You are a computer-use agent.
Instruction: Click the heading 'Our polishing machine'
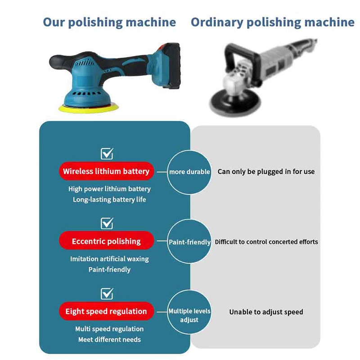coord(109,22)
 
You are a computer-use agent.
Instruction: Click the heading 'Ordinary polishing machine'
coord(272,22)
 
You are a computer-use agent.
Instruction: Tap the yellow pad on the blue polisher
coord(75,108)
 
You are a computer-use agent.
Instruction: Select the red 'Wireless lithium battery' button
coord(106,171)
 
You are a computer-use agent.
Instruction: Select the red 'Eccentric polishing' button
coord(106,242)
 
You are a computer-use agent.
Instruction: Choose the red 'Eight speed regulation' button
coord(106,311)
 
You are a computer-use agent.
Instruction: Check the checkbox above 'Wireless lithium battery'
coord(107,153)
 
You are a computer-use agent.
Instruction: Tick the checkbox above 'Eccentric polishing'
coord(107,223)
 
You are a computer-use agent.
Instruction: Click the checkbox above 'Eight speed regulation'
coord(107,293)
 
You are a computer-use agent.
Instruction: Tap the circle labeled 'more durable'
coord(189,171)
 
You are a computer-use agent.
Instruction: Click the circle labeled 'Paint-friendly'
coord(189,242)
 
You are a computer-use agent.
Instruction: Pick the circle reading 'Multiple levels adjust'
coord(189,315)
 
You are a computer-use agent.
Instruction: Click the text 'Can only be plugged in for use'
coord(266,171)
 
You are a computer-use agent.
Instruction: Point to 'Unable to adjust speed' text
coord(266,312)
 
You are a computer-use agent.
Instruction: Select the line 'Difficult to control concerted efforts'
coord(266,242)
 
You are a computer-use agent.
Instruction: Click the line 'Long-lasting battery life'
coord(109,199)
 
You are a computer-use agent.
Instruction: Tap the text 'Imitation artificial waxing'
coord(109,259)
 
